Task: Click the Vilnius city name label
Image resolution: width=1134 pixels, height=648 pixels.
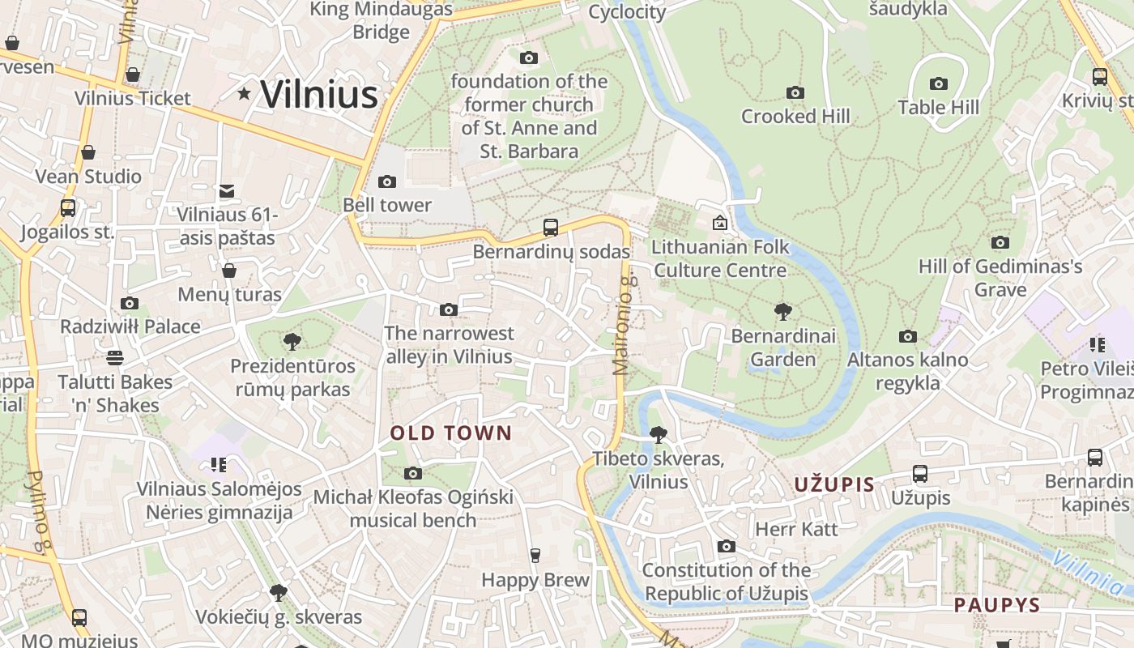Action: click(x=319, y=94)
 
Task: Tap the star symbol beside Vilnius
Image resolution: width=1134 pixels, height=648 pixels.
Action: click(x=244, y=94)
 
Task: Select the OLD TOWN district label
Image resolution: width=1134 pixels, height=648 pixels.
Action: click(x=451, y=433)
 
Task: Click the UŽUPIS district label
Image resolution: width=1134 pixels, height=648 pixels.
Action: click(x=833, y=485)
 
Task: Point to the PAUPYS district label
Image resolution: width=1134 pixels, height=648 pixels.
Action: click(x=996, y=605)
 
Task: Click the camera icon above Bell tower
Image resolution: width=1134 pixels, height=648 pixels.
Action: click(x=387, y=181)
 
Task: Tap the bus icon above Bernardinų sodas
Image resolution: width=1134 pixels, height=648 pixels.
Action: click(x=551, y=227)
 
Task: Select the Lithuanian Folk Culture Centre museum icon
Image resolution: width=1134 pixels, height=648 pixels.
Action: click(x=719, y=223)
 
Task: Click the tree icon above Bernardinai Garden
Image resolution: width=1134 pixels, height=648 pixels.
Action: click(x=782, y=312)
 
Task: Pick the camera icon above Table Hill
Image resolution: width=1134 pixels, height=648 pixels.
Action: click(x=938, y=83)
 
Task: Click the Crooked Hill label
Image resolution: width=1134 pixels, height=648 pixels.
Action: click(x=795, y=117)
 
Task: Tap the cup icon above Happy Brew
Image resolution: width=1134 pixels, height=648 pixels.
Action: click(x=535, y=556)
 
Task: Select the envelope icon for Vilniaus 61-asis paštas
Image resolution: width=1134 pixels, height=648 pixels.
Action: click(x=227, y=191)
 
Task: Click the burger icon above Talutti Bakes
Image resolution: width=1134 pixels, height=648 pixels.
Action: click(x=115, y=357)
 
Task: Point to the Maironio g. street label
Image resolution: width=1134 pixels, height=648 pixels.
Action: click(x=623, y=324)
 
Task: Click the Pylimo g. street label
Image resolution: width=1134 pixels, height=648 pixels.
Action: click(x=38, y=512)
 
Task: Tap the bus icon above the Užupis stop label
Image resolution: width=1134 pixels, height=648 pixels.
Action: click(x=919, y=473)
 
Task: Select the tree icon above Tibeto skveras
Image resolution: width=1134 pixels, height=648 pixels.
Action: click(x=658, y=435)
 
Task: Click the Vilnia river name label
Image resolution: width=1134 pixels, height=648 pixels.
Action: click(x=1089, y=571)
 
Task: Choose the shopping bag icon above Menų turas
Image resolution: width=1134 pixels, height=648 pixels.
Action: click(x=229, y=270)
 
